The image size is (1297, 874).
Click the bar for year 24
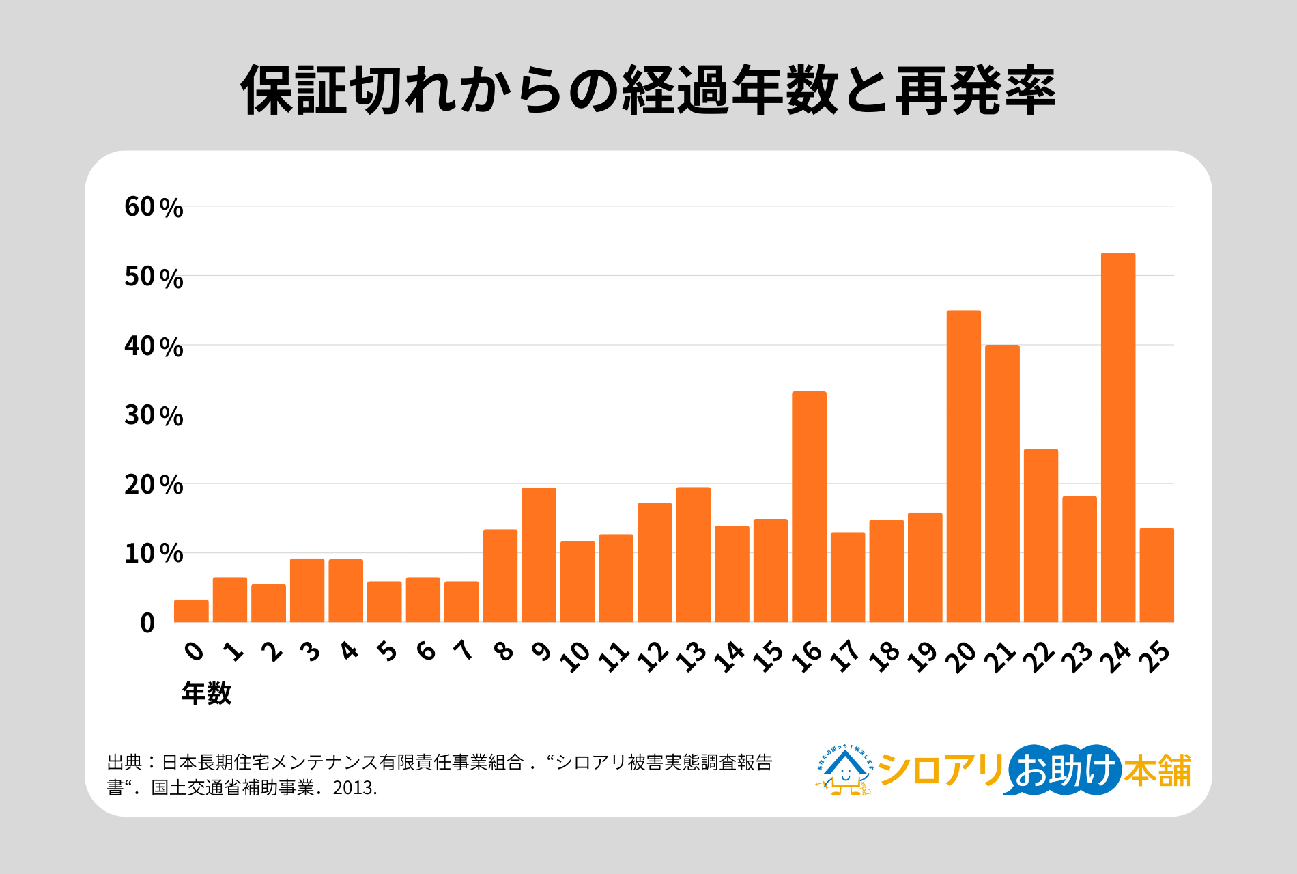[x=1118, y=438]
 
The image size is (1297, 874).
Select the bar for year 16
[x=809, y=507]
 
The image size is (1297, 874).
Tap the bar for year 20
[x=963, y=466]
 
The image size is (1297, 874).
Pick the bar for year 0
[x=191, y=611]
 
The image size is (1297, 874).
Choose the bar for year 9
[x=539, y=555]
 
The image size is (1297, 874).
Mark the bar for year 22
[x=1041, y=535]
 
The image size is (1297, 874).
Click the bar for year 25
[x=1157, y=575]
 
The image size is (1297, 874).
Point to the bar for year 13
[x=693, y=554]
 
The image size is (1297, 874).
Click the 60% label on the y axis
[x=154, y=207]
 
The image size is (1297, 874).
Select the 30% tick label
[x=154, y=415]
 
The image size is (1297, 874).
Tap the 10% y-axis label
[x=154, y=554]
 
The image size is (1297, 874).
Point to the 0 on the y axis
[x=147, y=623]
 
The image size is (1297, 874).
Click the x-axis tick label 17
[x=846, y=655]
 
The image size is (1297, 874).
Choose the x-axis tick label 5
[x=387, y=651]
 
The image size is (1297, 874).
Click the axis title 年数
[x=206, y=694]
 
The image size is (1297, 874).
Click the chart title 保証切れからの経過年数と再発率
[x=648, y=90]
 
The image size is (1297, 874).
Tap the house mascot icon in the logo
[x=844, y=771]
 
